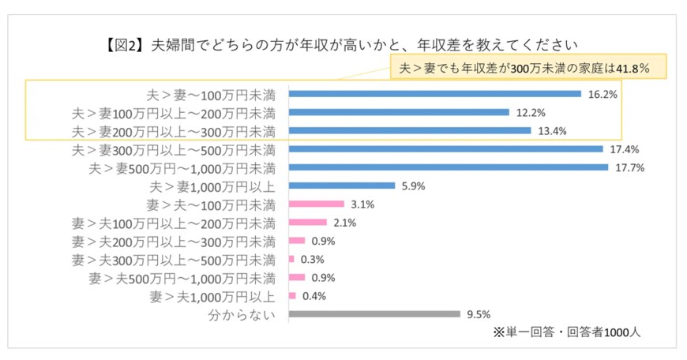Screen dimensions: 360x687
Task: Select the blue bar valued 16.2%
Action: click(435, 94)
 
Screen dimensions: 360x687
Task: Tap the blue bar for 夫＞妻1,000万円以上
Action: click(342, 186)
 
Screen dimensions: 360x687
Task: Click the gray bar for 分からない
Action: click(374, 314)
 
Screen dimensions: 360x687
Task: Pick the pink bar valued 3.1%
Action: click(317, 204)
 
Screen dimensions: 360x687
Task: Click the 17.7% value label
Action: click(628, 168)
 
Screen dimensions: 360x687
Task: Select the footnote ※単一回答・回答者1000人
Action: click(566, 332)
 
